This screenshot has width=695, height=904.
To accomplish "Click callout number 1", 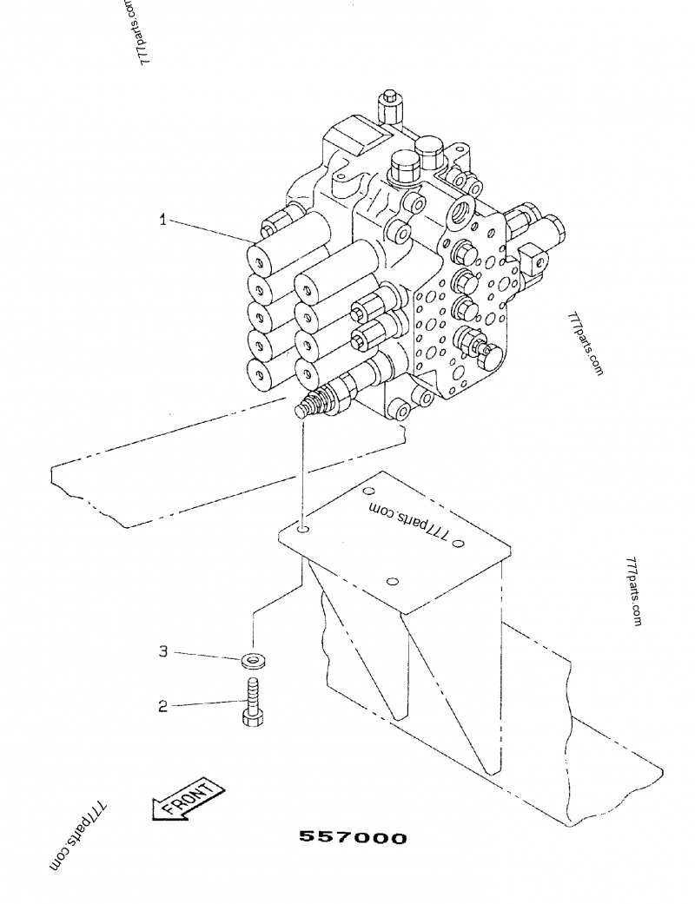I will pyautogui.click(x=162, y=221).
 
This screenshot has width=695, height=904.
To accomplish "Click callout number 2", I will pyautogui.click(x=162, y=706).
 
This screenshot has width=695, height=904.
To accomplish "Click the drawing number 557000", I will pyautogui.click(x=353, y=838).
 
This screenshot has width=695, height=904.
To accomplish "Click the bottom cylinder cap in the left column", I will pyautogui.click(x=260, y=374).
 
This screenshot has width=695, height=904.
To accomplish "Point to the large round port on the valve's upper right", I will pyautogui.click(x=461, y=212).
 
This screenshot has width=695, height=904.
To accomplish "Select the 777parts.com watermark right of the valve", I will pyautogui.click(x=586, y=344).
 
